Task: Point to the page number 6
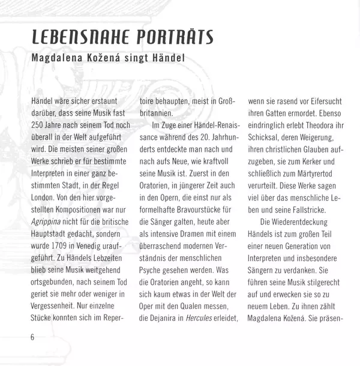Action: point(32,336)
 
